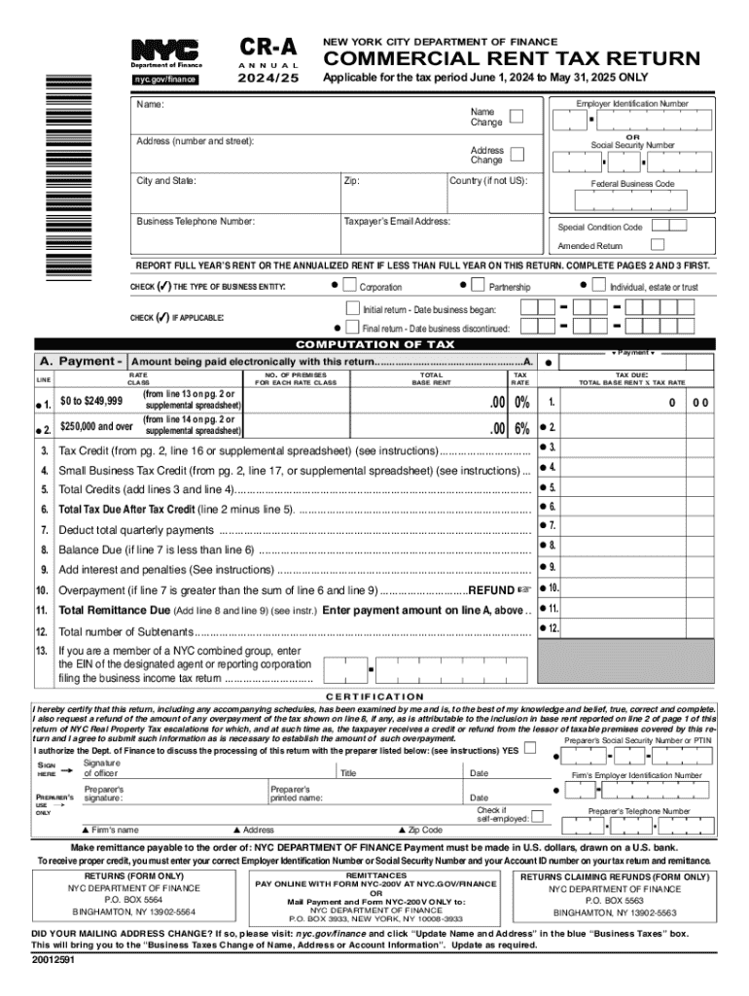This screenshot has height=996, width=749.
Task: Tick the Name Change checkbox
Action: (517, 117)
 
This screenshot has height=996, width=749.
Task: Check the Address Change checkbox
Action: (517, 154)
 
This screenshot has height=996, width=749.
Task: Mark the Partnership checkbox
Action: (478, 286)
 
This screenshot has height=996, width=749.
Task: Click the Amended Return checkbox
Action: (658, 245)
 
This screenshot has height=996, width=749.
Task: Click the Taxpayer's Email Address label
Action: (397, 222)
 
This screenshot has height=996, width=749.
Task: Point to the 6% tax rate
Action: (522, 428)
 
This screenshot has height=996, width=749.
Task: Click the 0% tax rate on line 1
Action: (522, 402)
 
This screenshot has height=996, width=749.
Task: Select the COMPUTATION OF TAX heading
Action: (374, 344)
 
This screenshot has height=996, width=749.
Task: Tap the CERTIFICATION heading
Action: (374, 696)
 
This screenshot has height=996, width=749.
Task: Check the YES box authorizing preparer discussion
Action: (529, 749)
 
